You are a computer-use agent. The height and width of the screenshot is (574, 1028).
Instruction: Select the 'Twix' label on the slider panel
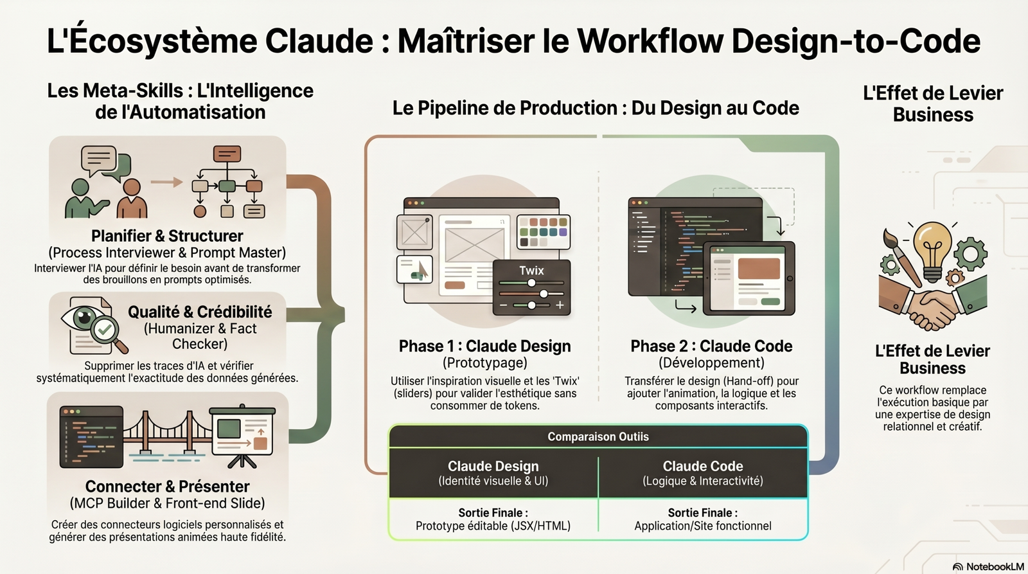click(x=531, y=271)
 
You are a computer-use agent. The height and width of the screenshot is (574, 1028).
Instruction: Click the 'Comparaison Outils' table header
click(x=598, y=436)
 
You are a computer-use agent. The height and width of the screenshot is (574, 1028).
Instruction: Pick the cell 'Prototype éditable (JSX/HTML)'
click(x=493, y=526)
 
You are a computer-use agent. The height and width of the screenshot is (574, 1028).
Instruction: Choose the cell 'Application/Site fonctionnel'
click(x=703, y=526)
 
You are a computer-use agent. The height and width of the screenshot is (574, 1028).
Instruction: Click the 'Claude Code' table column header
click(x=703, y=466)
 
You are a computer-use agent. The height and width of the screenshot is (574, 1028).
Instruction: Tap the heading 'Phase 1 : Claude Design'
click(x=484, y=346)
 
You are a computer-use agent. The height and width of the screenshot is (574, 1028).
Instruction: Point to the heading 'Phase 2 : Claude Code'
click(x=711, y=346)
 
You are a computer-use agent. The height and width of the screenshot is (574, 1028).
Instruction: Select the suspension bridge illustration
click(x=168, y=434)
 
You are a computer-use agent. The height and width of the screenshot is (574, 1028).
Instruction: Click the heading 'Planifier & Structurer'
click(x=167, y=236)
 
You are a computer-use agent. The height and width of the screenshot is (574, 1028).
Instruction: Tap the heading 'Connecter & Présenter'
click(x=167, y=486)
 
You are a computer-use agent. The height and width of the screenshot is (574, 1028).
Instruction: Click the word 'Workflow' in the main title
click(x=650, y=40)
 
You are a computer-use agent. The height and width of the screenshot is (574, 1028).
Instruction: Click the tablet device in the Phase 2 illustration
click(x=749, y=278)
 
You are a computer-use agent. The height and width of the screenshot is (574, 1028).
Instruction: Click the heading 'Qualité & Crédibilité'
click(x=200, y=312)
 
